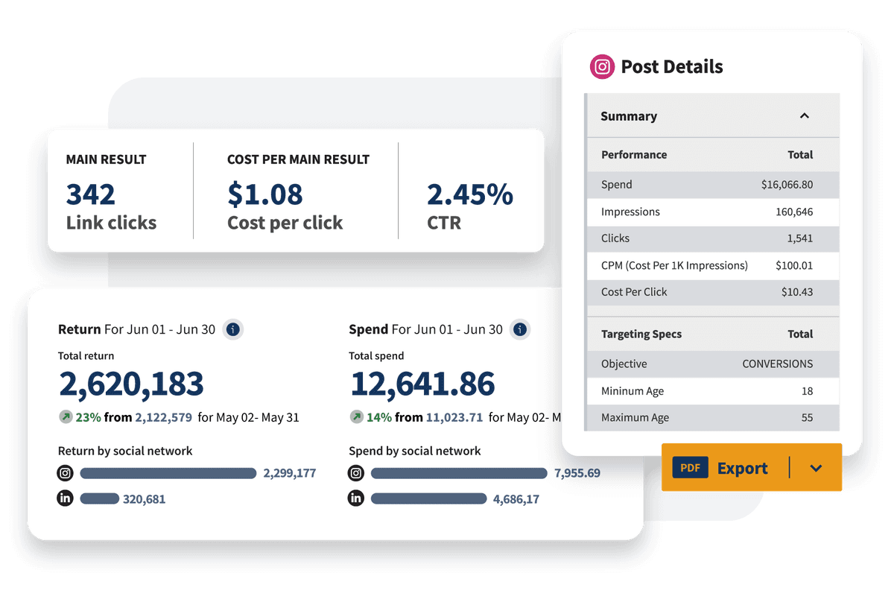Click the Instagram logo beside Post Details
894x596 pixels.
[602, 67]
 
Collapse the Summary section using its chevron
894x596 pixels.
[804, 116]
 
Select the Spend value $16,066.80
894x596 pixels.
[787, 185]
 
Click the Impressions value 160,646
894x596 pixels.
[794, 212]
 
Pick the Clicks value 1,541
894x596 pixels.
[800, 238]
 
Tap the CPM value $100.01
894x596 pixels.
[794, 265]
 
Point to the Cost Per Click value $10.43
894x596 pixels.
[797, 292]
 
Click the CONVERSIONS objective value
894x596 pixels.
[777, 364]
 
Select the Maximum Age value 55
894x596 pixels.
[807, 418]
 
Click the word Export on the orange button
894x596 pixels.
[742, 469]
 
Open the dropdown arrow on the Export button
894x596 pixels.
[816, 469]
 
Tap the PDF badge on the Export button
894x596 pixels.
[690, 469]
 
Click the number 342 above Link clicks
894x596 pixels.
[91, 194]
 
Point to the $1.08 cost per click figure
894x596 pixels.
[265, 194]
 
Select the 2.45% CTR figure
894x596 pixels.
[469, 194]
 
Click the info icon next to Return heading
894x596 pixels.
[233, 329]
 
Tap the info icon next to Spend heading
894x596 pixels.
[520, 329]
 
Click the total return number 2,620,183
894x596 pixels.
[131, 384]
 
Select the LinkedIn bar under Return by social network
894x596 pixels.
[99, 498]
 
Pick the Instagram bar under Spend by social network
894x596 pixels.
[458, 473]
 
